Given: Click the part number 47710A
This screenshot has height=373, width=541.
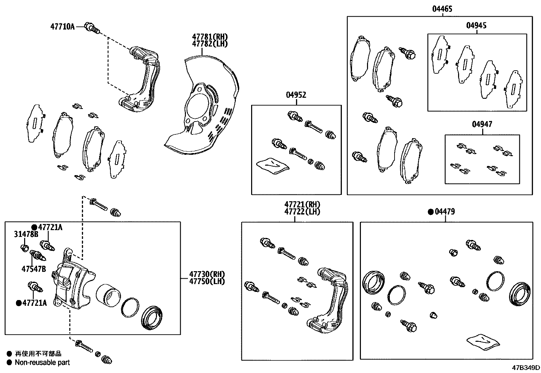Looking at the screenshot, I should [x=62, y=26].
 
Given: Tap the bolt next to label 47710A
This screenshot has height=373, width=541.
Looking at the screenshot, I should [x=92, y=27].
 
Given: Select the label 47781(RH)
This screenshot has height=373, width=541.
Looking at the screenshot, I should [x=209, y=37].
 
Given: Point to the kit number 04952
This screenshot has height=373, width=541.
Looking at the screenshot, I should [x=296, y=95].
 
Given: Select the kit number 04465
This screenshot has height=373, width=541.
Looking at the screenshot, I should [x=442, y=9].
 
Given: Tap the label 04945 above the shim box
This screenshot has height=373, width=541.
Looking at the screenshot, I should [x=476, y=26].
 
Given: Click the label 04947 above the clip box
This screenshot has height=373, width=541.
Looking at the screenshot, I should [x=482, y=125].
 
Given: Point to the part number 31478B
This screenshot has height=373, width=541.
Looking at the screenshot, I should [x=26, y=234].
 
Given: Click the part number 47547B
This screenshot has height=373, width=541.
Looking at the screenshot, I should [x=33, y=269].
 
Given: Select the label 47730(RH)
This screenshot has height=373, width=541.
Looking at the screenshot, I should [x=207, y=274].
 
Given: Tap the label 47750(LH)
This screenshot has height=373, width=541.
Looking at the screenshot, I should [x=207, y=281].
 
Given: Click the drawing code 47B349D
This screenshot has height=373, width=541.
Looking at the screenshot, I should [x=526, y=368].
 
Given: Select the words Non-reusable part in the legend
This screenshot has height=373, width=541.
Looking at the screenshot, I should [x=42, y=362].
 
